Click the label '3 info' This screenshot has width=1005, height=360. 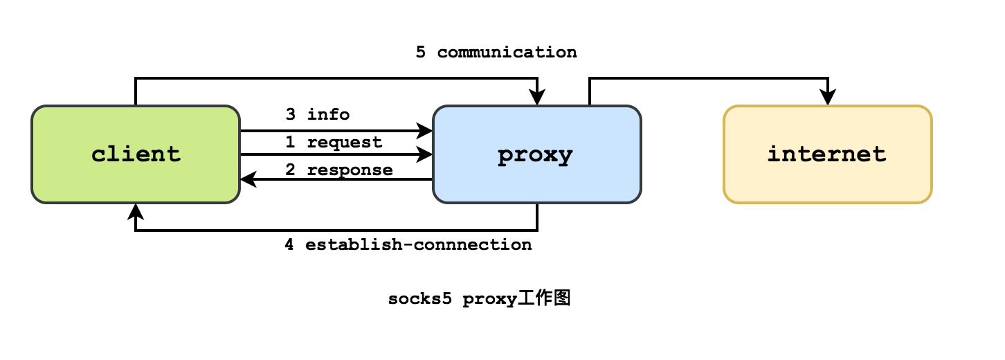[x=318, y=114]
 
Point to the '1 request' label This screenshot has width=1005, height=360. [x=334, y=142]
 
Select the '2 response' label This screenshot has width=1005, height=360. [x=339, y=170]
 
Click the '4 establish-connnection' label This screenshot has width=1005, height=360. [x=408, y=244]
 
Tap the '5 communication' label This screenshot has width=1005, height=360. [x=496, y=52]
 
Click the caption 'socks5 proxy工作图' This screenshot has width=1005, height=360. [x=479, y=299]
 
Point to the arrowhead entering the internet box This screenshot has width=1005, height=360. [x=828, y=99]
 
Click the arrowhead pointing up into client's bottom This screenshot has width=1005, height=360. [x=136, y=210]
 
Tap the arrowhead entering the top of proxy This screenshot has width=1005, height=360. [x=537, y=99]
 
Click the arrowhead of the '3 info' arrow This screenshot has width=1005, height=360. [x=425, y=129]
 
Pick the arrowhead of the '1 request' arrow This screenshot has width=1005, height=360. [x=425, y=155]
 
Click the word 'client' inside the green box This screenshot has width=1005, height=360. [x=136, y=154]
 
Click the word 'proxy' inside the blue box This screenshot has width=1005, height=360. [x=535, y=155]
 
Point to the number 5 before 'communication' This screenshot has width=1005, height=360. [x=421, y=52]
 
